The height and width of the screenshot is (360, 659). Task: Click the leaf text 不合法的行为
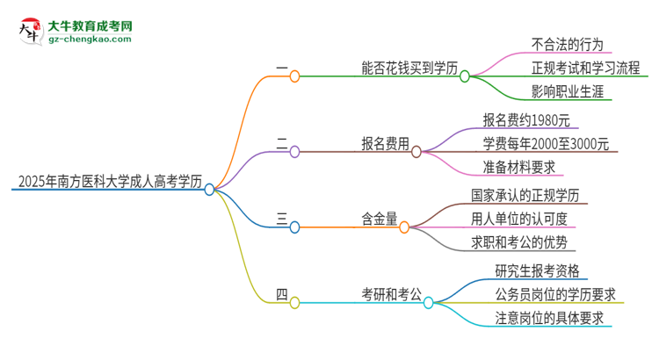(x=567, y=45)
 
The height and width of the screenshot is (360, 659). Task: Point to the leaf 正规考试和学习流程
(x=586, y=68)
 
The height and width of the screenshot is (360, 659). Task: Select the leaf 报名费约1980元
(x=532, y=120)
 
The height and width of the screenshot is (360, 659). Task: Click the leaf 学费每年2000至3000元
(x=546, y=144)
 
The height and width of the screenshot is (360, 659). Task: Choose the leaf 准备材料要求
(x=525, y=168)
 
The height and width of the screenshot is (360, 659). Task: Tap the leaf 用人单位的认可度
(x=525, y=219)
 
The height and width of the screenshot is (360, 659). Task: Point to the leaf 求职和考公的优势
(x=525, y=242)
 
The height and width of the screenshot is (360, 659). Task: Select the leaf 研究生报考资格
(x=537, y=270)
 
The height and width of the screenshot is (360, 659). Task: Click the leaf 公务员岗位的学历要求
(x=554, y=294)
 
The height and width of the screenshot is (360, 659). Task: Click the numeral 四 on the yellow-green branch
(x=281, y=295)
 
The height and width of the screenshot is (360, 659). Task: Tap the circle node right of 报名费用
(x=416, y=151)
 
